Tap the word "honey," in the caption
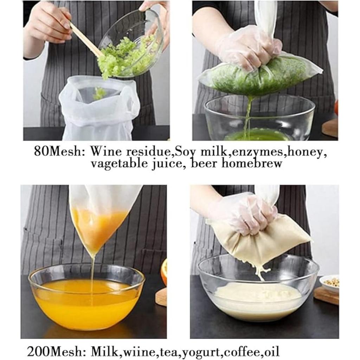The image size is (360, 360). tap(306, 152)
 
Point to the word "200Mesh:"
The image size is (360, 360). tap(57, 351)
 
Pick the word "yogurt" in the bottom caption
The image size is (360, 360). tap(202, 351)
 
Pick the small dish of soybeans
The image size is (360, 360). tap(329, 283)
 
